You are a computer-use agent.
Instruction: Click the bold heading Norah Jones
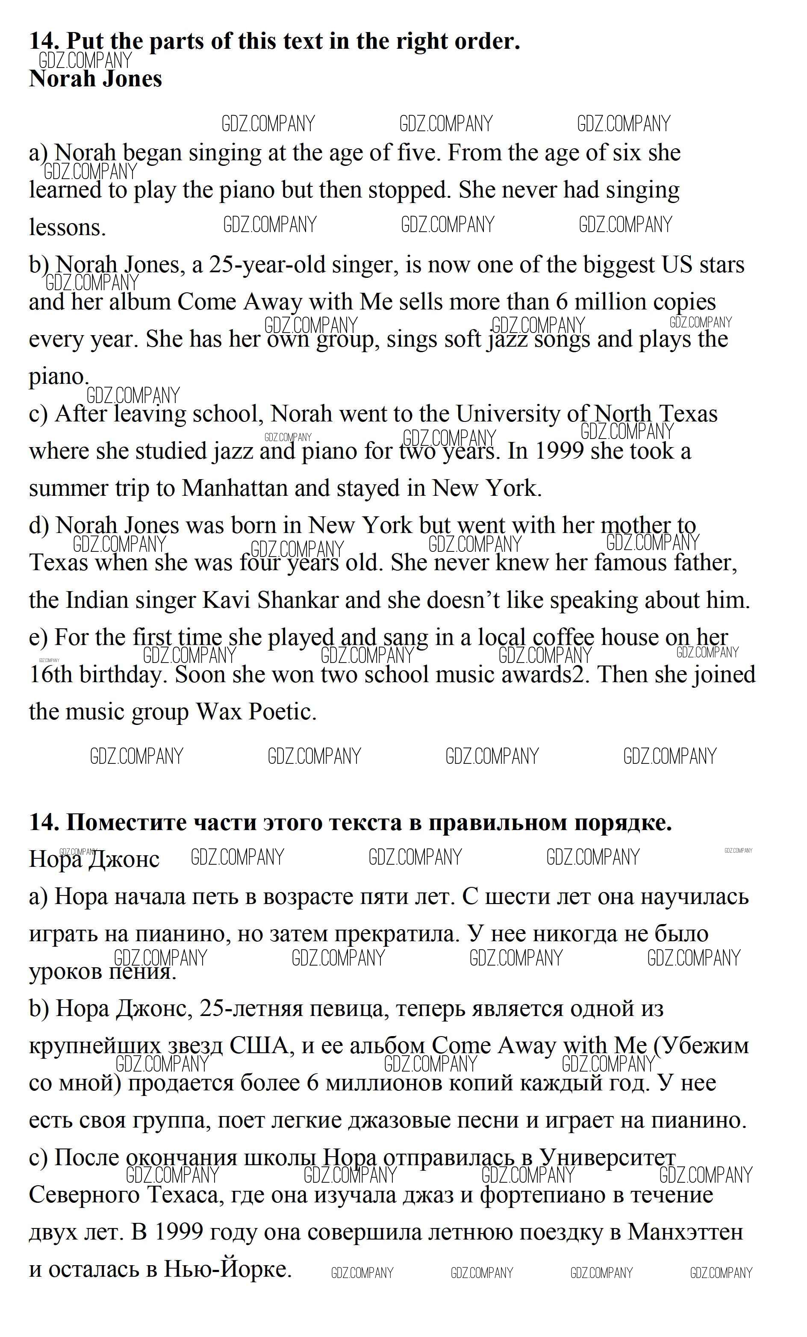click(95, 79)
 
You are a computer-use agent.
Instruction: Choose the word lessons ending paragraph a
click(67, 227)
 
